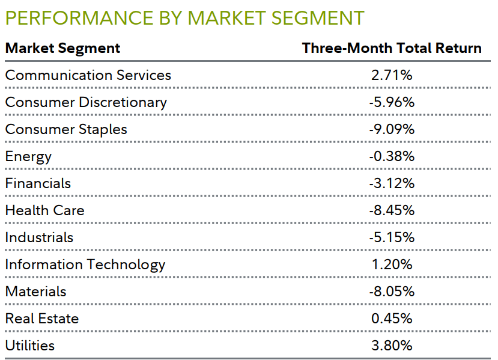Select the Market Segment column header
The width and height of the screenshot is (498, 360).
[x=62, y=48]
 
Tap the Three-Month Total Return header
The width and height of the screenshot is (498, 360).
[x=392, y=48]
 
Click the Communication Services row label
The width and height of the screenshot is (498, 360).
[x=88, y=75]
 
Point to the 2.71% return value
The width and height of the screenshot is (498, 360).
[x=392, y=75]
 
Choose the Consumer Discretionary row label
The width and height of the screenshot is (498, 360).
[x=86, y=102]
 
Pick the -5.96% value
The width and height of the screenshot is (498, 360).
[x=392, y=102]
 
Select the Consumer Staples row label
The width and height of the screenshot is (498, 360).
[x=66, y=129]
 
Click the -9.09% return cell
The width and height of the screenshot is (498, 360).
[x=392, y=129]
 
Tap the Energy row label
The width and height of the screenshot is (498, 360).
[x=28, y=156]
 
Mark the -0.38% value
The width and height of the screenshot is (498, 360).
[x=392, y=156]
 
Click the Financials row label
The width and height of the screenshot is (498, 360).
[x=38, y=183]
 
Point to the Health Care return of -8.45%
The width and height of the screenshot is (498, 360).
[x=392, y=210]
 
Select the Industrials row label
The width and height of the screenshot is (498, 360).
[x=39, y=237]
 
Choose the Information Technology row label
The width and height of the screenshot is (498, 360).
[x=85, y=264]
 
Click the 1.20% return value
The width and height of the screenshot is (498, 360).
[x=392, y=264]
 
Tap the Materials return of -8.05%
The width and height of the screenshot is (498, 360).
[x=392, y=291]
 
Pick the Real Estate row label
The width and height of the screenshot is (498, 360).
[x=42, y=319]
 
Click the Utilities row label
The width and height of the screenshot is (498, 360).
[x=30, y=346]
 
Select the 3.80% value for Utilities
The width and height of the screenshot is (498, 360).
[x=392, y=346]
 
